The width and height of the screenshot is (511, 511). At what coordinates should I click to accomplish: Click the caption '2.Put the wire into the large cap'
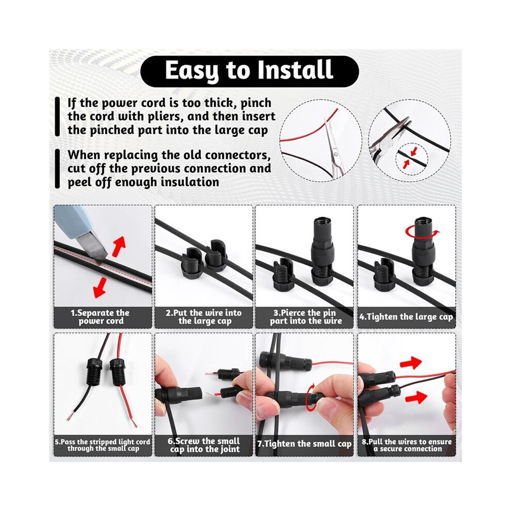click(x=204, y=317)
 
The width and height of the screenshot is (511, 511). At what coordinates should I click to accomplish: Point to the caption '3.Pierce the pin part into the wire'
click(x=305, y=317)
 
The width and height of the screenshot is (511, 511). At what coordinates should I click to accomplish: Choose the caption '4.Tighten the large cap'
click(x=406, y=317)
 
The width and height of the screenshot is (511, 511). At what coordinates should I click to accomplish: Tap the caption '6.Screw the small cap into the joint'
click(x=204, y=445)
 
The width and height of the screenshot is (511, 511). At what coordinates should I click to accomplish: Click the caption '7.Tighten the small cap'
click(x=305, y=444)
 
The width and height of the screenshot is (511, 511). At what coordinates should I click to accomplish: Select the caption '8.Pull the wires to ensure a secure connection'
click(x=407, y=445)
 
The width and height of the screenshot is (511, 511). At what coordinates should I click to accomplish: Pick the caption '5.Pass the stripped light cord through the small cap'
click(x=102, y=445)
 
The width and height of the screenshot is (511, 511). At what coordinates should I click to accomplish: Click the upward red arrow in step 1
click(x=119, y=246)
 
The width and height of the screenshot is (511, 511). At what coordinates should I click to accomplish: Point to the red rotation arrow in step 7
click(x=312, y=396)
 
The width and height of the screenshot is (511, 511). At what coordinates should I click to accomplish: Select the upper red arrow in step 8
click(x=411, y=362)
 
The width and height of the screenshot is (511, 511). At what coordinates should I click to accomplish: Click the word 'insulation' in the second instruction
click(x=188, y=182)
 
